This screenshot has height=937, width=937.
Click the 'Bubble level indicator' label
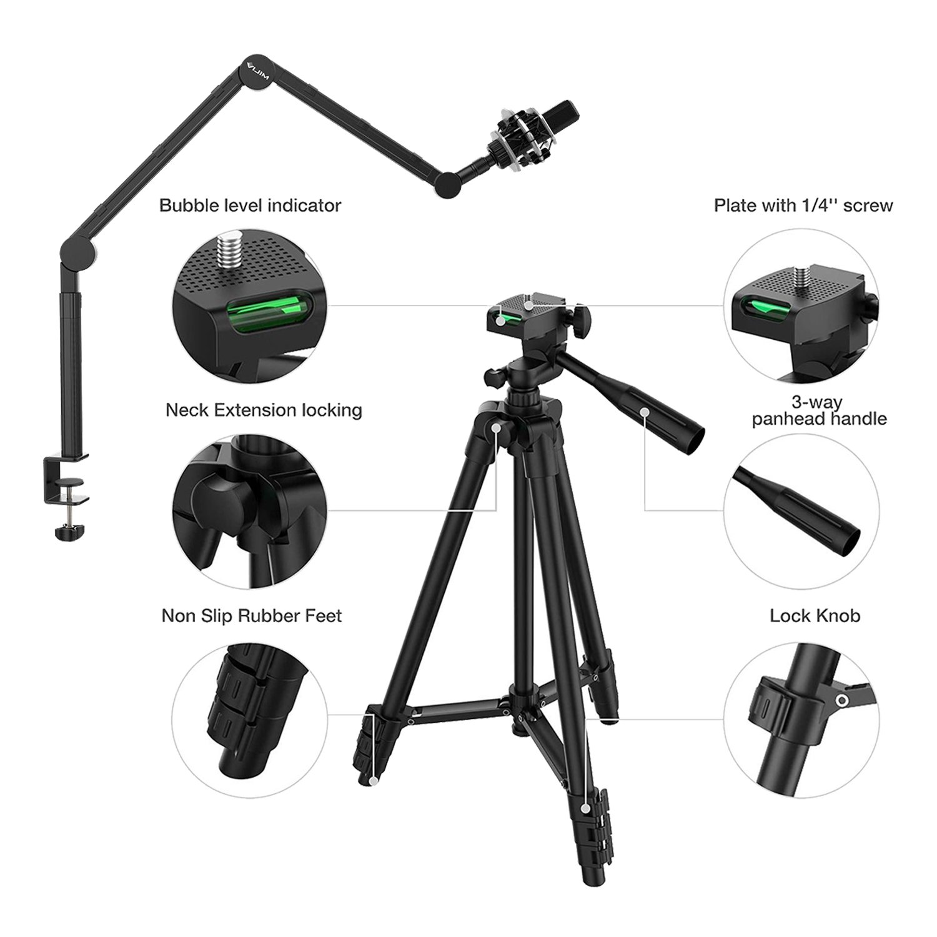250,206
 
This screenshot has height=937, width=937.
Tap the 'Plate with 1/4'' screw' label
803,206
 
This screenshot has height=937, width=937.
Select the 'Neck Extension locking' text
264,410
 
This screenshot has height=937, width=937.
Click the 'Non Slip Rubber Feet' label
252,616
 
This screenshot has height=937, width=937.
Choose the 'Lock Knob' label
815,616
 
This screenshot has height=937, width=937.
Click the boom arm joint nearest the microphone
447,186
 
